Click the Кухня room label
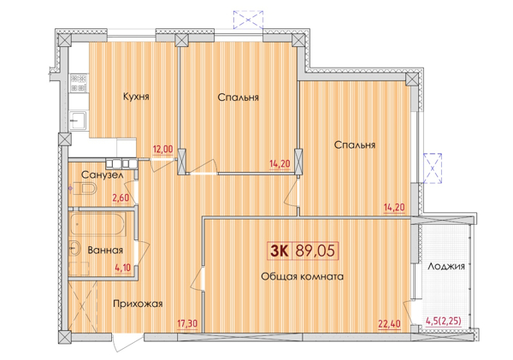(136, 97)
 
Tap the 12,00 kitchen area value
(163, 150)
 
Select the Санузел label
(102, 175)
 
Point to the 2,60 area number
(121, 198)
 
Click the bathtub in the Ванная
(97, 224)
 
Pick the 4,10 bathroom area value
(122, 268)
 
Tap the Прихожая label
(138, 304)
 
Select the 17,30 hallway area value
(187, 324)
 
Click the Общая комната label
(303, 277)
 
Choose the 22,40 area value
(389, 324)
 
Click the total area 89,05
(315, 251)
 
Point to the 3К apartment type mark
(280, 251)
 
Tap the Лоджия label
(446, 267)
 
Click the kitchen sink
(78, 121)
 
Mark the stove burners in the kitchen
(79, 84)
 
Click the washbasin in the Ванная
(75, 249)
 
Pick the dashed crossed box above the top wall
(248, 20)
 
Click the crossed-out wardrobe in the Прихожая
(83, 306)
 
